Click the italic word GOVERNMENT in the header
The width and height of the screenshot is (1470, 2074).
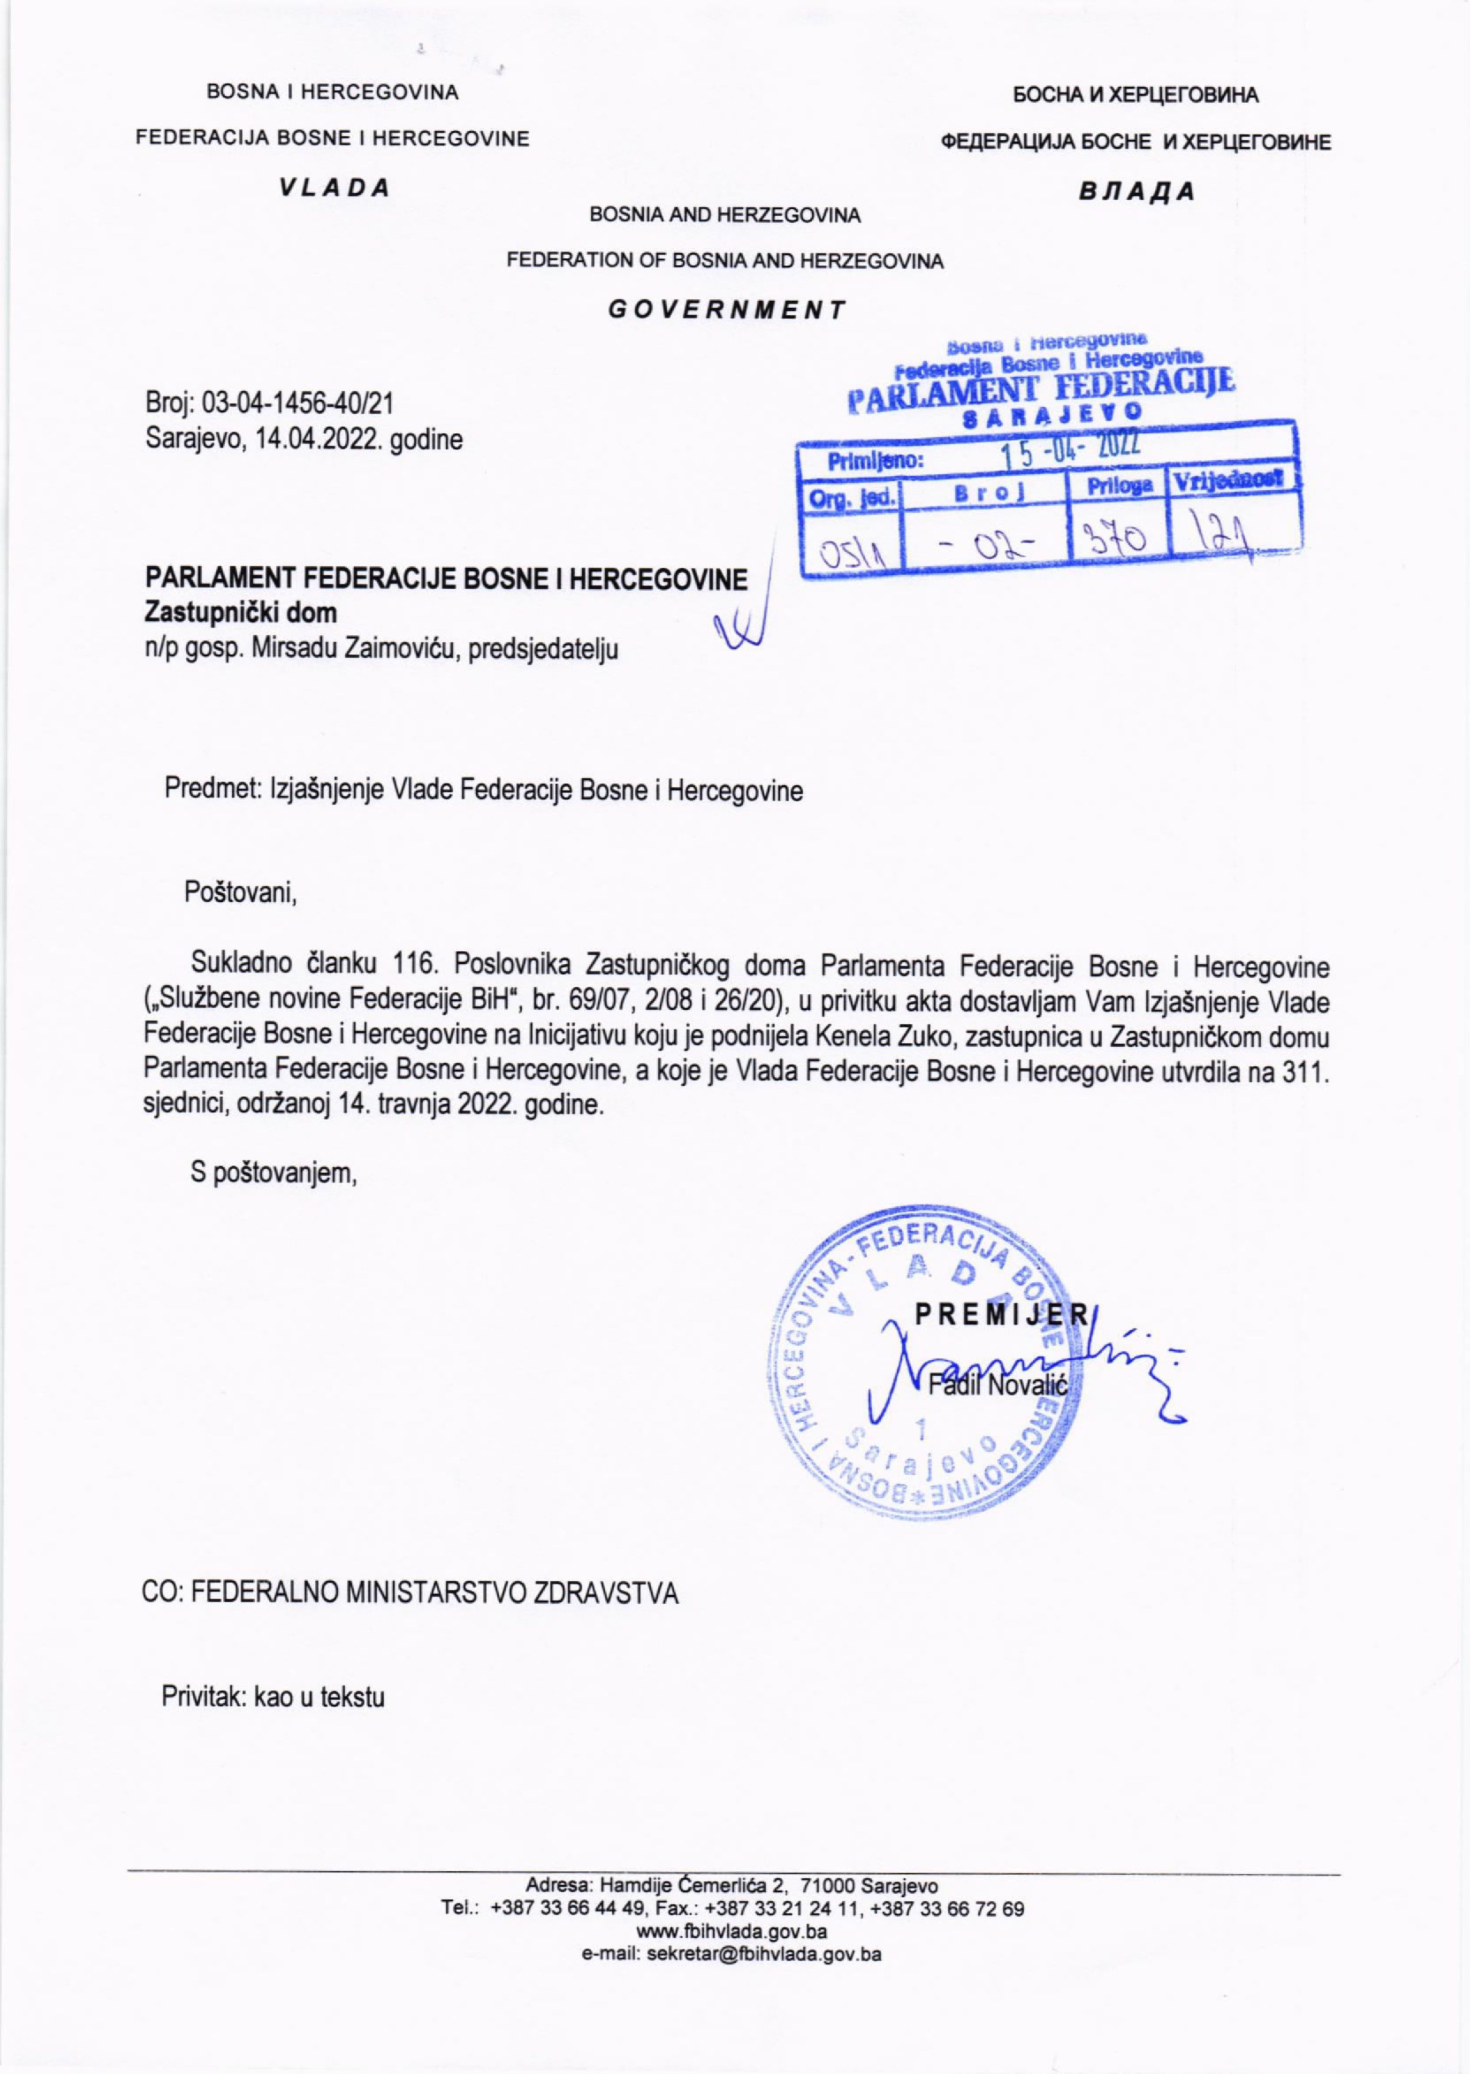[x=726, y=309]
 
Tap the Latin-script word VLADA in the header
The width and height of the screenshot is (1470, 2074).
[x=334, y=187]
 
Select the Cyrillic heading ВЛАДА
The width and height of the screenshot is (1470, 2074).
[x=1137, y=191]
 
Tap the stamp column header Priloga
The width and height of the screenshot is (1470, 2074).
[x=1120, y=486]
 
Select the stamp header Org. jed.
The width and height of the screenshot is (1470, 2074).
[x=852, y=497]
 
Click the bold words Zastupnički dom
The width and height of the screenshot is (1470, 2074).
[x=240, y=612]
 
